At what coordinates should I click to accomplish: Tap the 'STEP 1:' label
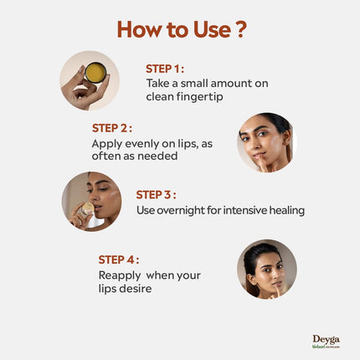(x=165, y=69)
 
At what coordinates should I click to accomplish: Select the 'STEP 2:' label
(x=111, y=129)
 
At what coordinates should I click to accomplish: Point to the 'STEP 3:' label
(x=156, y=194)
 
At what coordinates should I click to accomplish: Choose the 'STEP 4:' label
(x=117, y=260)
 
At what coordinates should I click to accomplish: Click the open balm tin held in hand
(x=95, y=73)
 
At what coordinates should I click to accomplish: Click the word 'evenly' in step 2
(x=134, y=144)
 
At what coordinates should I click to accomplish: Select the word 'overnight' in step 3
(x=185, y=209)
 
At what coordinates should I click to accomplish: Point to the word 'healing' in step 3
(x=285, y=209)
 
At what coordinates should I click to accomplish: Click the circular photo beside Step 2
(x=266, y=142)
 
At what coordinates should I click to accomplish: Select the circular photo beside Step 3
(x=91, y=202)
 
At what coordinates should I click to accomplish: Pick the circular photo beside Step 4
(x=266, y=270)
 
